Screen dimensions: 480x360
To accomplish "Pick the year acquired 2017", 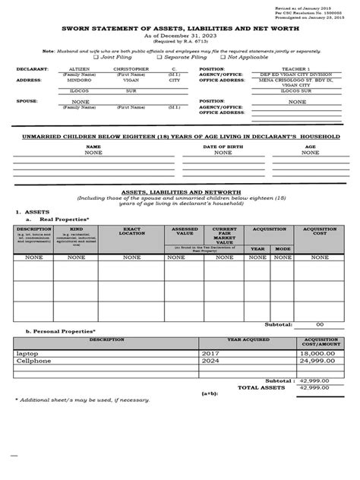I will click(x=211, y=355).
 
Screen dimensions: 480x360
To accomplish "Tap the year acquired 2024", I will click(x=211, y=362).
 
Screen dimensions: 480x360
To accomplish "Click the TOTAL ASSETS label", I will click(x=261, y=387).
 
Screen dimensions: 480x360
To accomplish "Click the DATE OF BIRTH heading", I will click(x=223, y=147).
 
